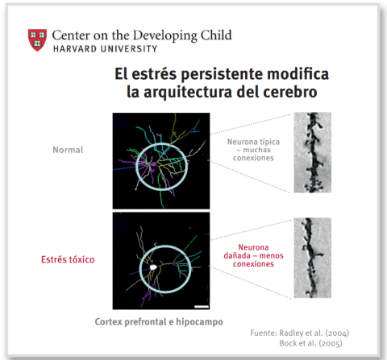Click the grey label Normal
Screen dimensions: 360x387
click(67, 150)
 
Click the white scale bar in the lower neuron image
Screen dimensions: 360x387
click(202, 306)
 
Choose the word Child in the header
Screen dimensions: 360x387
click(214, 35)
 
